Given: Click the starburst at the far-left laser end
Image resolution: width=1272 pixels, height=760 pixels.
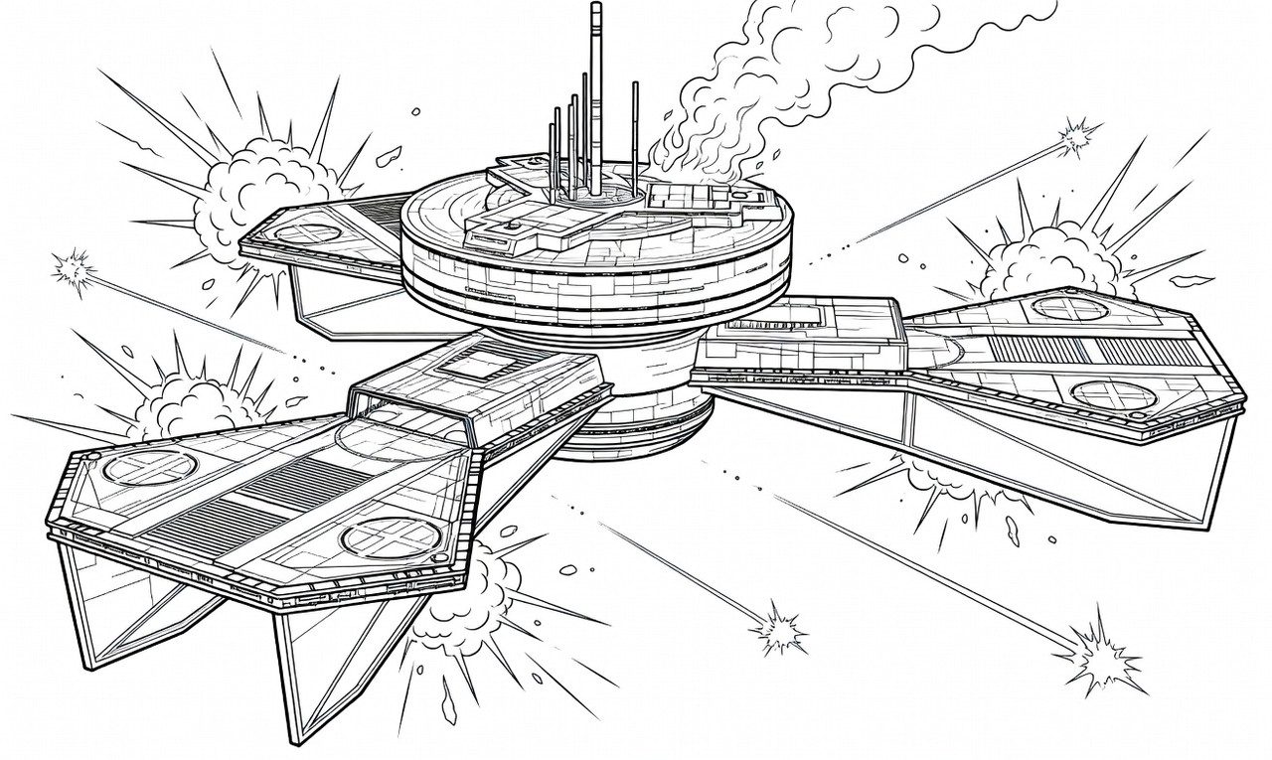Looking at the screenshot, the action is coord(72,268).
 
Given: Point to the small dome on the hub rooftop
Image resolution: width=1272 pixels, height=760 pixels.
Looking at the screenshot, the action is coord(511,226).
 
